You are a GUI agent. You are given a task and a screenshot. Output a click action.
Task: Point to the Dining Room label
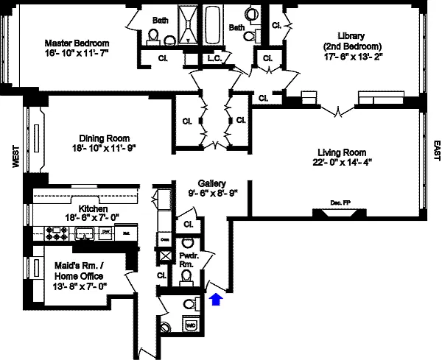(x=105, y=138)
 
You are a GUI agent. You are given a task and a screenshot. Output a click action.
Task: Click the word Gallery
(x=211, y=183)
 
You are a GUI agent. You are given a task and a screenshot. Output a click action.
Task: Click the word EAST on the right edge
(x=436, y=150)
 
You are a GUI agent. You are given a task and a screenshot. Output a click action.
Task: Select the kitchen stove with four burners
(x=57, y=234)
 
